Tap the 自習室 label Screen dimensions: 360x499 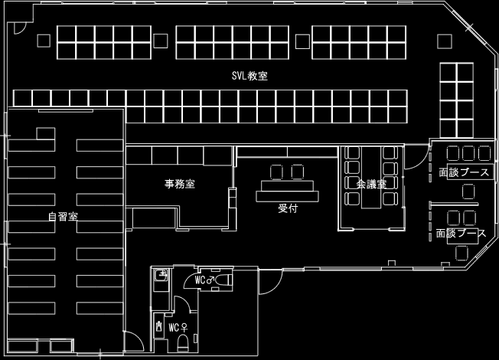pos(62,217)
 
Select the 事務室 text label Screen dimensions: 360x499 pos(180,184)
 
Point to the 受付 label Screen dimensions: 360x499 pos(288,206)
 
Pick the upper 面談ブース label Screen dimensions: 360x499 pos(464,173)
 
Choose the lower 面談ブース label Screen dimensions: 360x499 pos(461,233)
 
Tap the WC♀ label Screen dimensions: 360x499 pos(178,328)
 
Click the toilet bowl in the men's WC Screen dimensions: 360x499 pos(223,282)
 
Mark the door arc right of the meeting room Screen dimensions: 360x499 pos(412,159)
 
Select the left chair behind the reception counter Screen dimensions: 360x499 pos(276,171)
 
